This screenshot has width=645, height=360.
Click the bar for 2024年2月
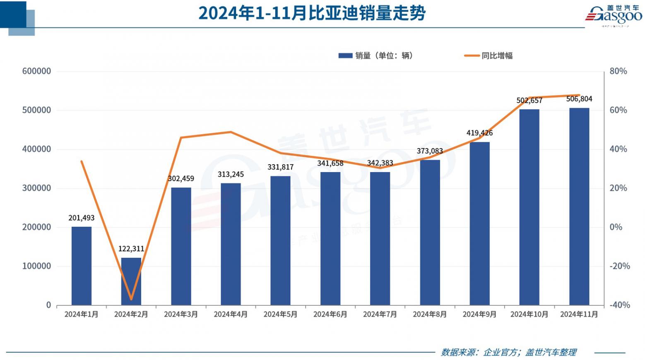tap(131, 281)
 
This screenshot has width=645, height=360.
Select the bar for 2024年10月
tap(529, 207)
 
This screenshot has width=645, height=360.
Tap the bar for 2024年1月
tap(82, 266)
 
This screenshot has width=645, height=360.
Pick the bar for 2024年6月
tap(330, 238)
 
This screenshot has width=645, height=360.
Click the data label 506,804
tap(579, 99)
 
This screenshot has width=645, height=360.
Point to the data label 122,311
tap(131, 249)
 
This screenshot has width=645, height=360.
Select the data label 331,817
tap(280, 167)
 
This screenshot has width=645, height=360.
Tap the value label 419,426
tap(479, 133)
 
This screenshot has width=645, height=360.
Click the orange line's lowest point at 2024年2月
tap(131, 299)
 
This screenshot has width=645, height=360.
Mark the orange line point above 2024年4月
tap(231, 132)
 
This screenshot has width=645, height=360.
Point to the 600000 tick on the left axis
tap(36, 71)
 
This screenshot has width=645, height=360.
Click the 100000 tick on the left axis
tap(36, 266)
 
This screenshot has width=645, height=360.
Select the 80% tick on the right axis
tap(618, 71)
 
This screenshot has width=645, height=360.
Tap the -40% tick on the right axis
tap(619, 305)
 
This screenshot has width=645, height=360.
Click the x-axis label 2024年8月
tap(430, 314)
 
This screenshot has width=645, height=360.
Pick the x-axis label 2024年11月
tap(579, 314)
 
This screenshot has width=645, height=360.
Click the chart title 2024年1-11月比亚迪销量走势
tap(312, 13)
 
